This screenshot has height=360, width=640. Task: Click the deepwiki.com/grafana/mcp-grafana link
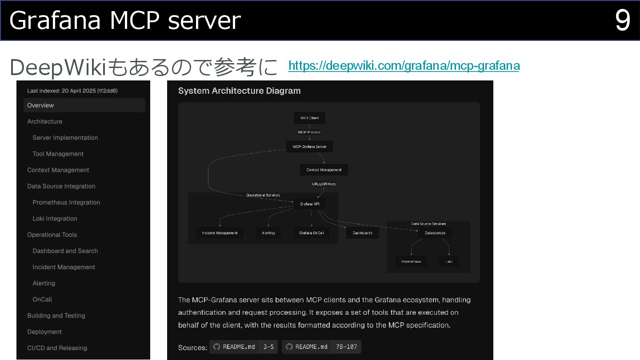pyautogui.click(x=404, y=66)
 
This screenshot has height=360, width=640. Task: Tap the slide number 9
pyautogui.click(x=622, y=20)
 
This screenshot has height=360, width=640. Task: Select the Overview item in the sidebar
pyautogui.click(x=84, y=105)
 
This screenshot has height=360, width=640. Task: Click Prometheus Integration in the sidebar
pyautogui.click(x=66, y=202)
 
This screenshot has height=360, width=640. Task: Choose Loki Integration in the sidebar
pyautogui.click(x=55, y=219)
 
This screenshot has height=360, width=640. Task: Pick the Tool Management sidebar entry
pyautogui.click(x=58, y=154)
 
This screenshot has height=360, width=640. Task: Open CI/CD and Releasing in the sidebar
pyautogui.click(x=57, y=348)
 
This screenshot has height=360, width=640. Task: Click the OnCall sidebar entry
pyautogui.click(x=42, y=300)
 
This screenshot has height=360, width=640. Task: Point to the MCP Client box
pyautogui.click(x=309, y=118)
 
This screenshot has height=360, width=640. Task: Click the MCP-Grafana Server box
pyautogui.click(x=309, y=147)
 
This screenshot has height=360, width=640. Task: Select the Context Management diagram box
pyautogui.click(x=324, y=170)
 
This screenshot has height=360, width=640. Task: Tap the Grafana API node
pyautogui.click(x=309, y=204)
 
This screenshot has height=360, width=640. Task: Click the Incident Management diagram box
pyautogui.click(x=220, y=233)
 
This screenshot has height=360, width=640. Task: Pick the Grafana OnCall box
pyautogui.click(x=311, y=233)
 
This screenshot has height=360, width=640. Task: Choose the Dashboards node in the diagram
pyautogui.click(x=362, y=233)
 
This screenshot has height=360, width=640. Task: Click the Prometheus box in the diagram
pyautogui.click(x=411, y=261)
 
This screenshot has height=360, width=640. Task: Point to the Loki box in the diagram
pyautogui.click(x=449, y=261)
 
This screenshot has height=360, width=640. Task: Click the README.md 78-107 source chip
pyautogui.click(x=321, y=347)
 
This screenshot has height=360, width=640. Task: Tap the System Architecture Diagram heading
pyautogui.click(x=239, y=91)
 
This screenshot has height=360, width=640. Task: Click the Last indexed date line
pyautogui.click(x=72, y=91)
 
